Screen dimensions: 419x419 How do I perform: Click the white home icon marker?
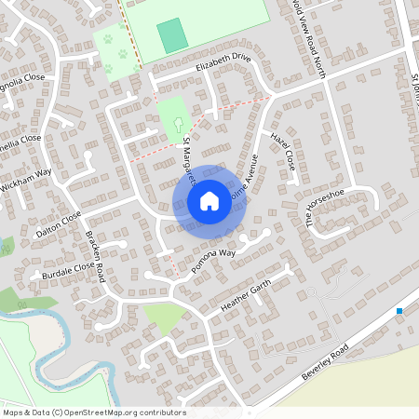coord(209,201)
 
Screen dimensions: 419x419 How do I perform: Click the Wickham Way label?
coord(25,174)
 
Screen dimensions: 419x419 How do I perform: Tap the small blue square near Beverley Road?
coord(399,311)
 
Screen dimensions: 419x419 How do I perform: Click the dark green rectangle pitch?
coord(171,35)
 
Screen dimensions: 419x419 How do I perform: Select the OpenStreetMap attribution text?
coord(94,412)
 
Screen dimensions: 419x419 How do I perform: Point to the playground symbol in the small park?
coord(178,122)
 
